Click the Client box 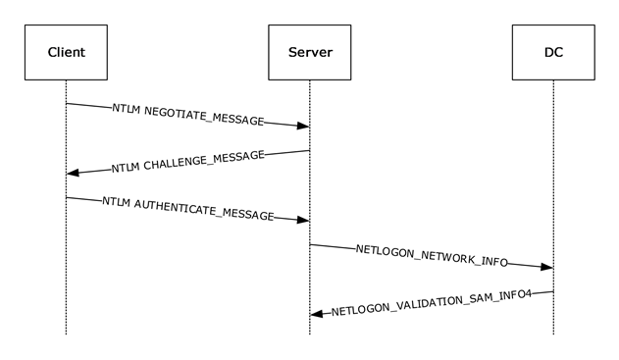click(66, 50)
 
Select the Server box click(309, 50)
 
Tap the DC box click(552, 50)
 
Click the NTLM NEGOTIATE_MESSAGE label click(188, 115)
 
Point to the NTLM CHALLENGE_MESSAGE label click(187, 162)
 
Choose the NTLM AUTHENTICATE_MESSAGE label click(187, 209)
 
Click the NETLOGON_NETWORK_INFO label click(432, 256)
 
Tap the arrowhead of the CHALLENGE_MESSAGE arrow click(73, 173)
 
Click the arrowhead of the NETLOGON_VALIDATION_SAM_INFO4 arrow click(317, 314)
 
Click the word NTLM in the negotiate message click(127, 110)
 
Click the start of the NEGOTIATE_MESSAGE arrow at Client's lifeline click(66, 103)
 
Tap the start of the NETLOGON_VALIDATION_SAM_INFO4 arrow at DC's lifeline click(552, 291)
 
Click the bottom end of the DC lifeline click(552, 334)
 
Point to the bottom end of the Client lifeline click(66, 334)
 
